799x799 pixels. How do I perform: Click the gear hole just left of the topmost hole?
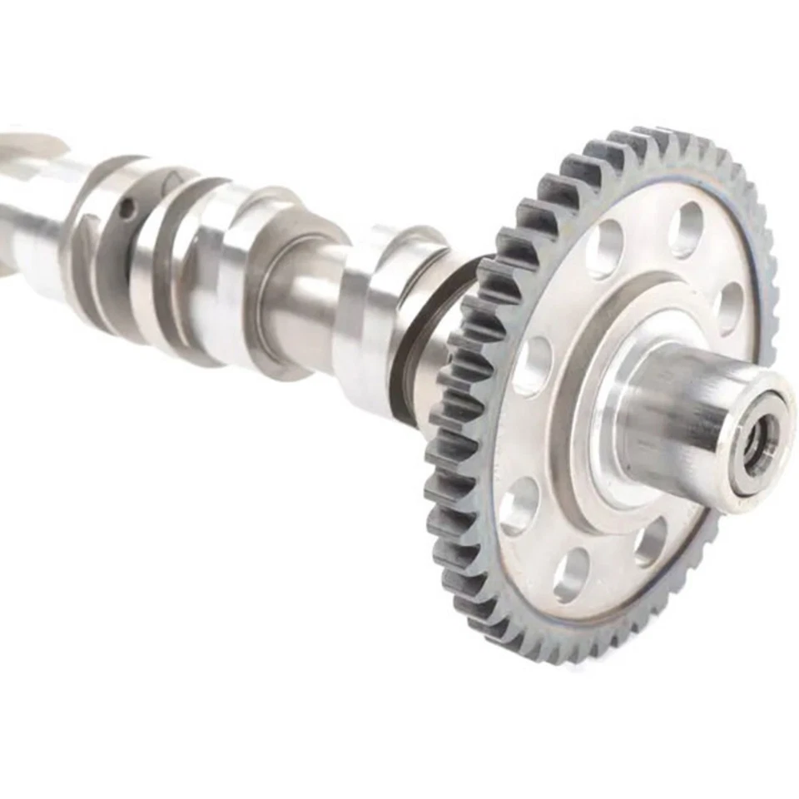(x=605, y=248)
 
